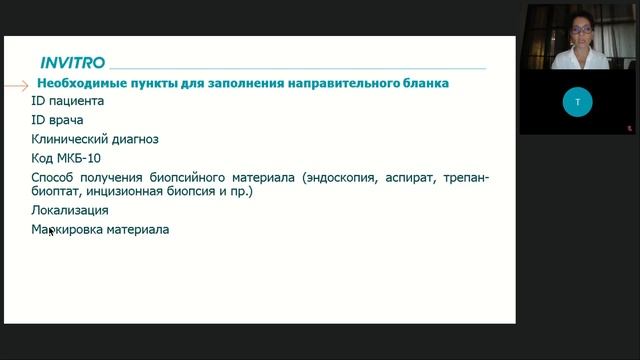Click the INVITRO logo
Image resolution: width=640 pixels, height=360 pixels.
pyautogui.click(x=72, y=62)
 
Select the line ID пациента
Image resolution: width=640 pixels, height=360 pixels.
pyautogui.click(x=67, y=101)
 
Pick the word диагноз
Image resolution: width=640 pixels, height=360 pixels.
pyautogui.click(x=136, y=139)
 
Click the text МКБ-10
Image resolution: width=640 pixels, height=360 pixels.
pyautogui.click(x=82, y=158)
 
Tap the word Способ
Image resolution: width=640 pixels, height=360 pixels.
pyautogui.click(x=55, y=178)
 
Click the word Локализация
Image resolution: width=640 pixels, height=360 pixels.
pyautogui.click(x=70, y=211)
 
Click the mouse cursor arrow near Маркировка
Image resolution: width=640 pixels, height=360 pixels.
pyautogui.click(x=51, y=232)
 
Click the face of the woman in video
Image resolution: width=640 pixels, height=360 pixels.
pyautogui.click(x=578, y=33)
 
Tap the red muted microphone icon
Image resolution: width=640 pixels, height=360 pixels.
pyautogui.click(x=629, y=128)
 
